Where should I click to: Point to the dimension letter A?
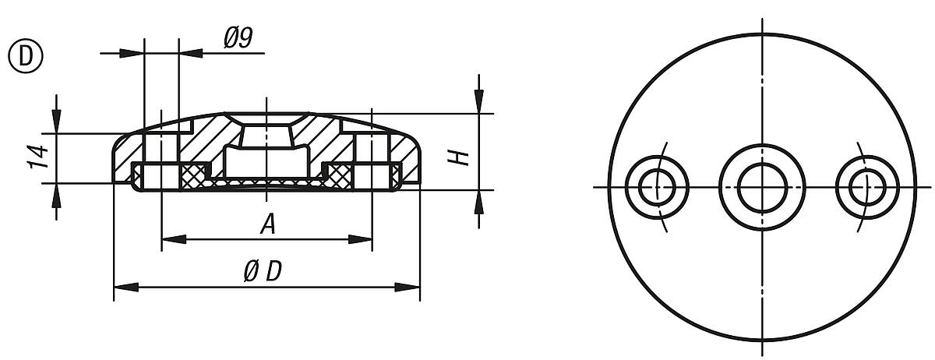[267, 225]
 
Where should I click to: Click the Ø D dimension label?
[262, 272]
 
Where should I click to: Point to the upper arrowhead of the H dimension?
[479, 101]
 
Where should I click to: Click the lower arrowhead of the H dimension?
[479, 201]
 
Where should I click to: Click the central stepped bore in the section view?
[266, 152]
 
